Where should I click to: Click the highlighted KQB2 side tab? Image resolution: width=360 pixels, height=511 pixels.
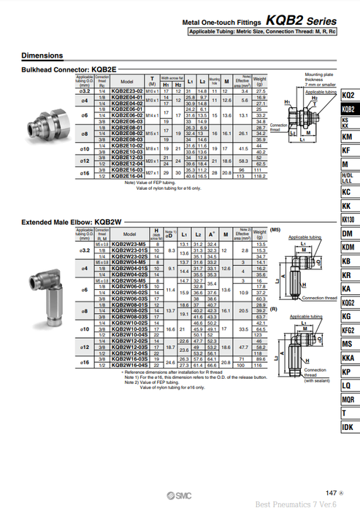coord(348,109)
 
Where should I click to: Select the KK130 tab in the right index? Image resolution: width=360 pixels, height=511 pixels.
coord(348,219)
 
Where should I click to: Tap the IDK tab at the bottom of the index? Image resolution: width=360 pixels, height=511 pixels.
coord(348,426)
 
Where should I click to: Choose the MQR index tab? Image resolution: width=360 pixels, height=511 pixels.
coord(348,399)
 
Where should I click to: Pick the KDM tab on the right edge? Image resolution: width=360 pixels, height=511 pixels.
coord(348,247)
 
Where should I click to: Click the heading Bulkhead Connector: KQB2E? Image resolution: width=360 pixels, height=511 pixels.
coord(69,69)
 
